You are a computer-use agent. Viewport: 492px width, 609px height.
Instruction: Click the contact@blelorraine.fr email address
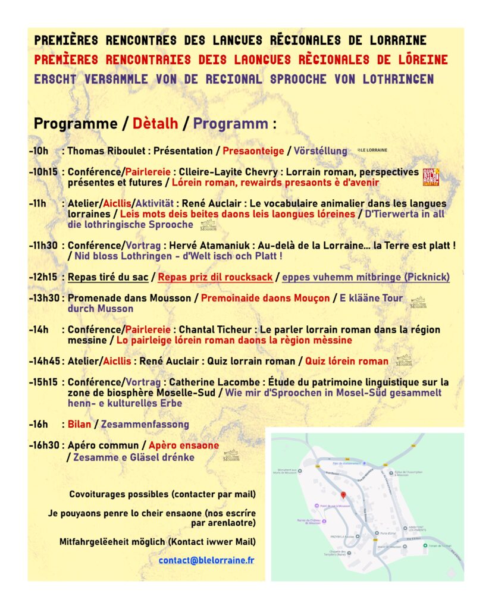click(x=206, y=560)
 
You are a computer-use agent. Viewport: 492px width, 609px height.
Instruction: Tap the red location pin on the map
click(x=343, y=495)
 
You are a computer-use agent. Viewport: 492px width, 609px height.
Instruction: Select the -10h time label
click(x=40, y=151)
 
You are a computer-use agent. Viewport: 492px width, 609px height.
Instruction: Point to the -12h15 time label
click(x=42, y=277)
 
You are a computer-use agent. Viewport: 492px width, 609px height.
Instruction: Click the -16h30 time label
click(x=43, y=445)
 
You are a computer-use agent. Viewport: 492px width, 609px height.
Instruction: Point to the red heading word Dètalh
click(x=155, y=124)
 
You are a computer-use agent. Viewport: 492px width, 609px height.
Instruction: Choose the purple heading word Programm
click(x=230, y=124)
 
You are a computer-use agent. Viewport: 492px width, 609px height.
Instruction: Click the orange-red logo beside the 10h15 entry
click(x=431, y=177)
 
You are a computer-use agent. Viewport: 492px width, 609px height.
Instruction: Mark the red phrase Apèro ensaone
click(x=184, y=445)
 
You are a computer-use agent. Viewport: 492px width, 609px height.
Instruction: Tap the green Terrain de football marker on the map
click(x=424, y=545)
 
